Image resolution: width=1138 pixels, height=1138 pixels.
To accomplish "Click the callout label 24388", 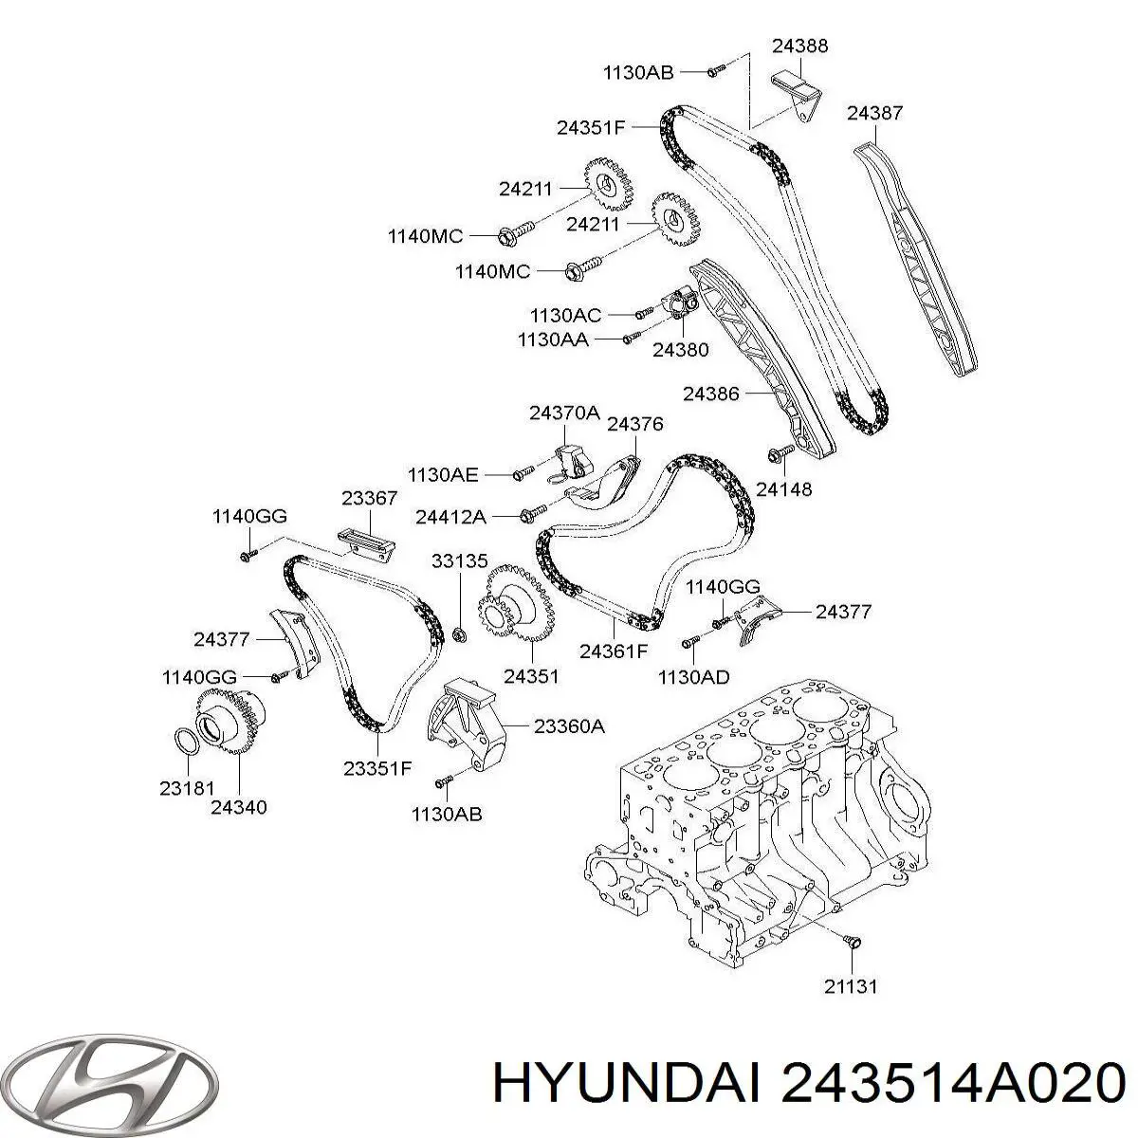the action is tap(799, 46).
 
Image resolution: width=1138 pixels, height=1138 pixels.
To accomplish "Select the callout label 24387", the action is tap(874, 113).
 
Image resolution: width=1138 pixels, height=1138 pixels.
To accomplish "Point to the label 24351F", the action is tap(591, 128).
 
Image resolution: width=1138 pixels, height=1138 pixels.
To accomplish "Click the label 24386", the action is tap(711, 394).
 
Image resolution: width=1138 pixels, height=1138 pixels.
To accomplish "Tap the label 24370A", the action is tap(564, 413).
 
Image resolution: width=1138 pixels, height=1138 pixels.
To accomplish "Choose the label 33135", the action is tap(459, 561).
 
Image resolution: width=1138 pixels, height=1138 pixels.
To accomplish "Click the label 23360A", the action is tap(569, 725).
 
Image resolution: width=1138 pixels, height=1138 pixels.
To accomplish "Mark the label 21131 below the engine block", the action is tap(851, 986).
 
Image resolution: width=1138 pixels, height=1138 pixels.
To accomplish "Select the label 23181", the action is tap(187, 788).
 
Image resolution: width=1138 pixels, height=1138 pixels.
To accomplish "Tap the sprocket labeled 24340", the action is tap(229, 722).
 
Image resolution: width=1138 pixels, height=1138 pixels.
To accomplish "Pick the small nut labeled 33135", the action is tap(459, 634).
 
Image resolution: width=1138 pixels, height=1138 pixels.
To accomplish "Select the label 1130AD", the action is tap(694, 677).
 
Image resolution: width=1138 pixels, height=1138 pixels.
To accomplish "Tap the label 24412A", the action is tap(450, 518).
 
